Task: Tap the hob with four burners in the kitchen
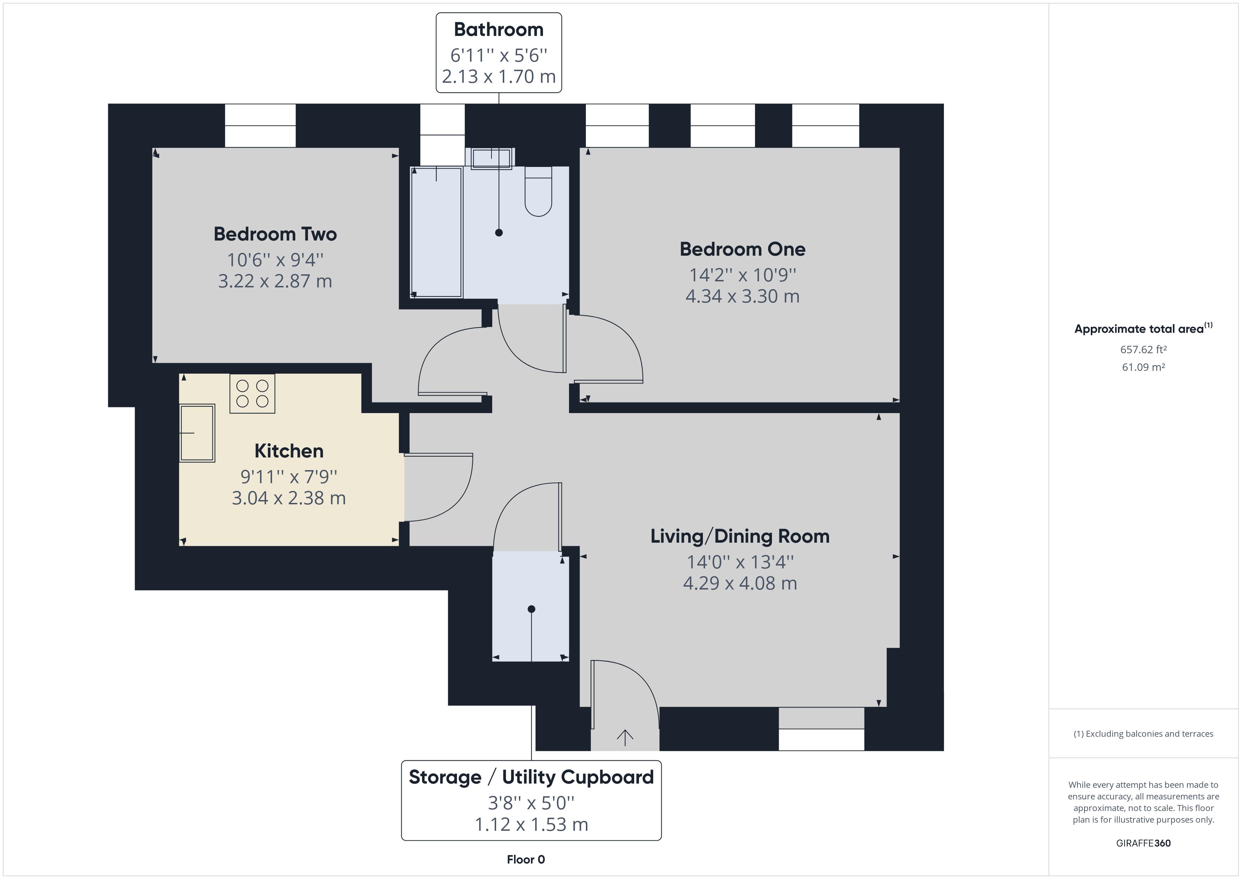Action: click(252, 393)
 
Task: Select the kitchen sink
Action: click(197, 433)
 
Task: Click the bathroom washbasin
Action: click(491, 158)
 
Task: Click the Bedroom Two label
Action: click(275, 234)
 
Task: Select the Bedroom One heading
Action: click(742, 249)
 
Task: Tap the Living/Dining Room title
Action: click(740, 536)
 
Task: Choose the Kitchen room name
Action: click(289, 451)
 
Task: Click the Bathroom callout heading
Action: click(499, 29)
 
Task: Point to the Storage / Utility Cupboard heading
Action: click(531, 777)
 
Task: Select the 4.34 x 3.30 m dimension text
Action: click(742, 296)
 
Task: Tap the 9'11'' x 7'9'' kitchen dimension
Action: click(289, 476)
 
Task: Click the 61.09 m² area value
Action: click(1143, 367)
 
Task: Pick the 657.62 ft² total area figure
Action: click(1143, 350)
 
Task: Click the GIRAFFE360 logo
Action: click(1143, 843)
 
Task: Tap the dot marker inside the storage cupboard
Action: click(531, 609)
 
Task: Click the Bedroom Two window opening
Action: click(260, 126)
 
